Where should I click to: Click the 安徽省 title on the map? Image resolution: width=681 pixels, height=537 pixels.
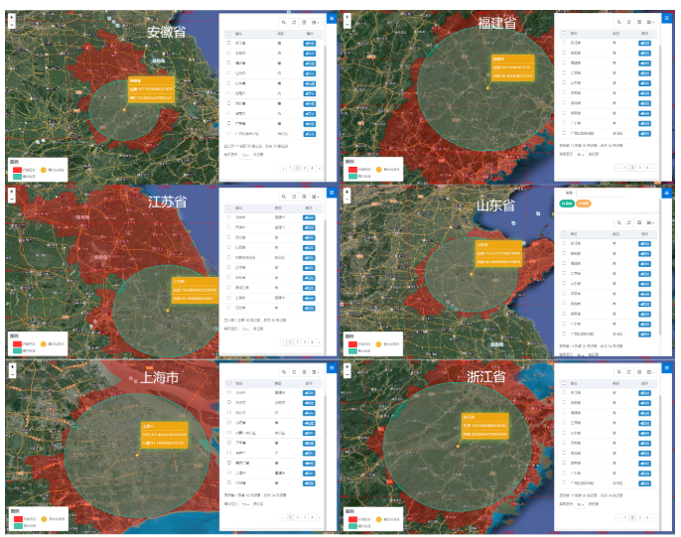tap(166, 32)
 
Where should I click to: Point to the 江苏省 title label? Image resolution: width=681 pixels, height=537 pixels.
tap(167, 202)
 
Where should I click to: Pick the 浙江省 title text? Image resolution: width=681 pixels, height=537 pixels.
tap(486, 377)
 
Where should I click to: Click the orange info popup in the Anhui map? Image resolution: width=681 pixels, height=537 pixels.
tap(151, 90)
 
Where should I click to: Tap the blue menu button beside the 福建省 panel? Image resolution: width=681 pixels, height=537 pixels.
tap(666, 18)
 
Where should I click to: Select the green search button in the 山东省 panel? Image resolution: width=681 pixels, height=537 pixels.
tap(567, 203)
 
